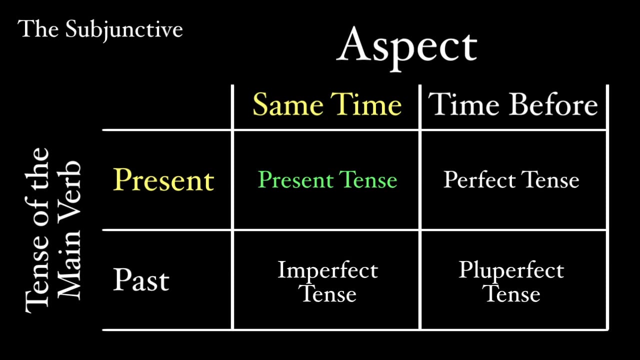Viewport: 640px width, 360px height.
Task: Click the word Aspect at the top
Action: (407, 46)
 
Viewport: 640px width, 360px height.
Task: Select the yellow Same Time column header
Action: (327, 105)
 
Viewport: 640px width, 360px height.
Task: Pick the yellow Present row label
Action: (163, 180)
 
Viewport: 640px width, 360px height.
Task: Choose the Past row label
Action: (141, 280)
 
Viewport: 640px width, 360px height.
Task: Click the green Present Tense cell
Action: (327, 180)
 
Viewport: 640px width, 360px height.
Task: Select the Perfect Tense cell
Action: (511, 180)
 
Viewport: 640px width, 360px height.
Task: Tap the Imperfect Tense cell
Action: (327, 281)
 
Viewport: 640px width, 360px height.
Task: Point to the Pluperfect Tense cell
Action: (511, 281)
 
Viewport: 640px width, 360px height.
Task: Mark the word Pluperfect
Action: (511, 271)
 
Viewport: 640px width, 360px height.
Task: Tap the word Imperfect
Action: (327, 270)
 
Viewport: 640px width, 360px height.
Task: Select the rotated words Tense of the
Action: (37, 230)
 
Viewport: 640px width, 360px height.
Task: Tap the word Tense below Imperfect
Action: (328, 293)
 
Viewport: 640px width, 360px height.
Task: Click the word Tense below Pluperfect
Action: (512, 293)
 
